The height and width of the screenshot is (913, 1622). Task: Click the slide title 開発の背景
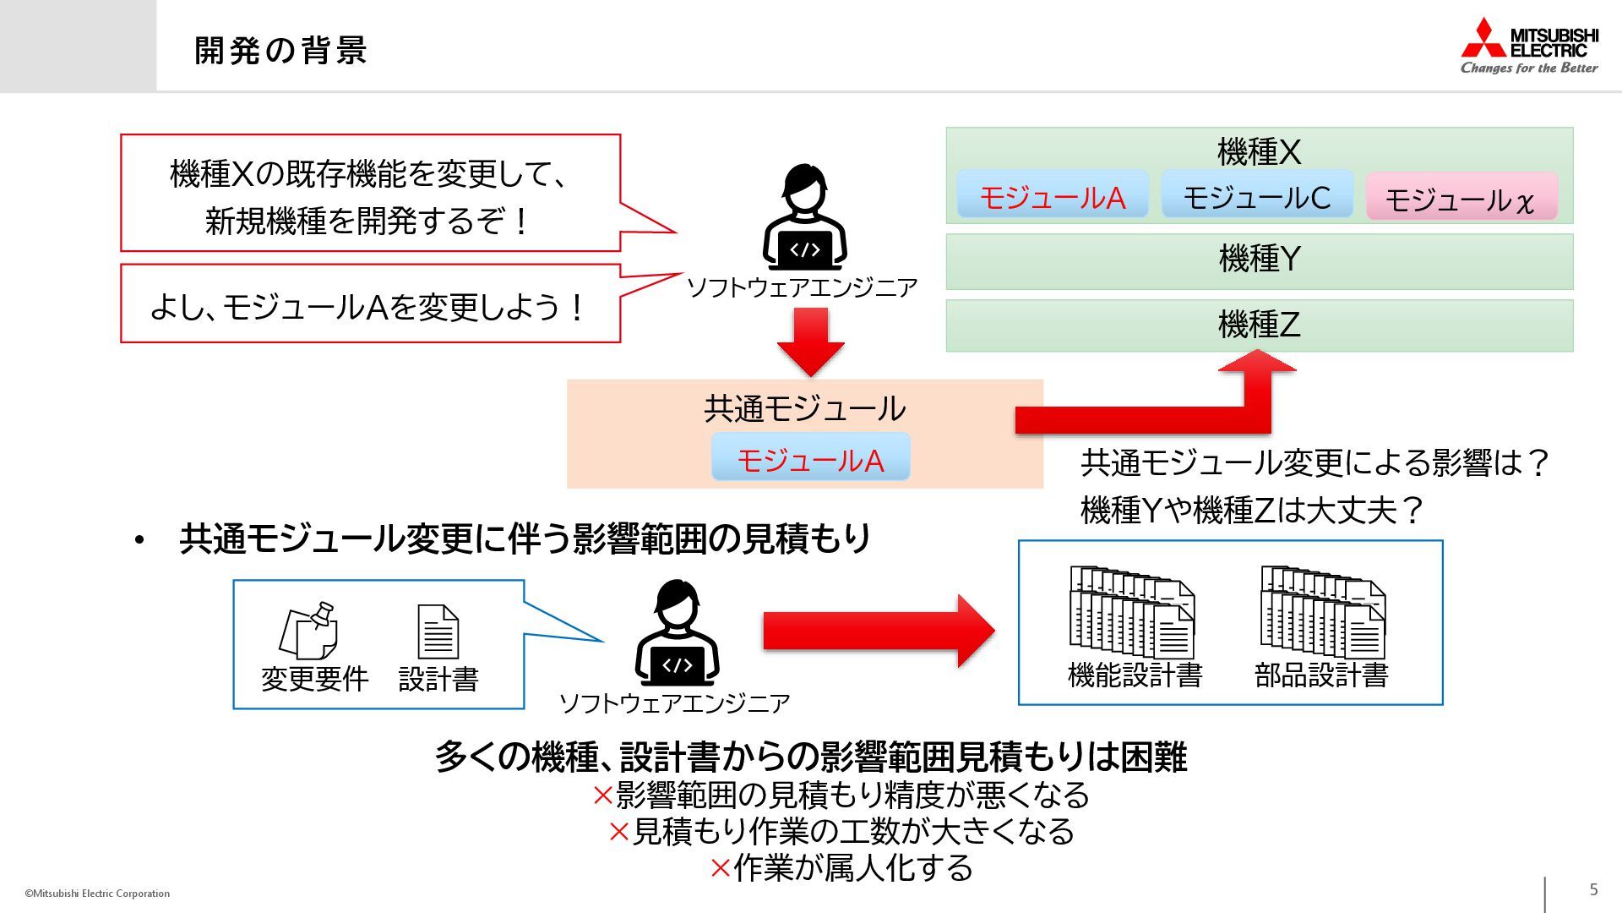coord(280,50)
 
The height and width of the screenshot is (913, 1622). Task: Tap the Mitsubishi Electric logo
coord(1529,46)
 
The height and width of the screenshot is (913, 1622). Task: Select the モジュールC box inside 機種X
coord(1257,197)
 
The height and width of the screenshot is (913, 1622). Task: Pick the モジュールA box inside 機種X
coord(1052,197)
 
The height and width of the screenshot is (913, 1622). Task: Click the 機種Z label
coord(1259,325)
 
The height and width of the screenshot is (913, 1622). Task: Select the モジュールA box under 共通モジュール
coord(810,460)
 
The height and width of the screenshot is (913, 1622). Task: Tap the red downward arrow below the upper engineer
coord(810,341)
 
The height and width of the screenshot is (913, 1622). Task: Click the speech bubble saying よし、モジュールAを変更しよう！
coord(370,305)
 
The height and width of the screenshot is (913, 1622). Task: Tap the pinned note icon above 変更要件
coord(309,631)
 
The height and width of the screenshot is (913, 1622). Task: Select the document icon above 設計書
coord(438,631)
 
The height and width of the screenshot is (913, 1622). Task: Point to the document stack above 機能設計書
coord(1132,612)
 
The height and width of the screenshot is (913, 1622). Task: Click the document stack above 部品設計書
coord(1322,612)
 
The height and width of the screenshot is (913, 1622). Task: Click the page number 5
coord(1593,889)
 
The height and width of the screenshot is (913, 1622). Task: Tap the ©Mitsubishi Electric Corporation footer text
coord(97,894)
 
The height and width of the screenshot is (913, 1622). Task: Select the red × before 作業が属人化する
coord(720,868)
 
